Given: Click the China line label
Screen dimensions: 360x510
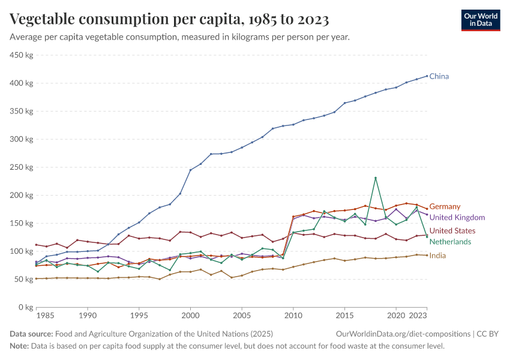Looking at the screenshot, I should pyautogui.click(x=439, y=76).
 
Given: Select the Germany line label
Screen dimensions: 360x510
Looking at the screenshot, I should pyautogui.click(x=445, y=206).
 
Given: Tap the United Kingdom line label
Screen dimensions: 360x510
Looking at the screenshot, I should pyautogui.click(x=457, y=217).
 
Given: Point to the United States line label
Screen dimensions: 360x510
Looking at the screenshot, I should pyautogui.click(x=452, y=231).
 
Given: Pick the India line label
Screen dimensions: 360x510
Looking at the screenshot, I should pyautogui.click(x=437, y=256).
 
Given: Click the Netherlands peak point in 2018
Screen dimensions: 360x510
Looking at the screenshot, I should pyautogui.click(x=376, y=178).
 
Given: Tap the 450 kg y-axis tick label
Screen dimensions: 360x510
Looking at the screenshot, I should pyautogui.click(x=21, y=55).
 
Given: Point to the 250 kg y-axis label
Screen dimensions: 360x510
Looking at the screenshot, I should pyautogui.click(x=21, y=167).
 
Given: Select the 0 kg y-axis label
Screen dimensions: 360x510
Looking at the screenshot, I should pyautogui.click(x=25, y=307).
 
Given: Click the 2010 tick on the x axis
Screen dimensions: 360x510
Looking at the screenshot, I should pyautogui.click(x=293, y=315).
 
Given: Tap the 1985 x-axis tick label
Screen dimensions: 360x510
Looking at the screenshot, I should pyautogui.click(x=46, y=315).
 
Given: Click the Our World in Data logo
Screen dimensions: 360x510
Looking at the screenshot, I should pyautogui.click(x=480, y=20).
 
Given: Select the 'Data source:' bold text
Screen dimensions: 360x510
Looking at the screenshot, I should pyautogui.click(x=31, y=334).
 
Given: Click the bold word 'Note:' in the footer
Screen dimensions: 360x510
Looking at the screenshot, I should pyautogui.click(x=20, y=346).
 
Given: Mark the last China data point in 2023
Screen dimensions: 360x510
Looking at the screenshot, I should pyautogui.click(x=427, y=76).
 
